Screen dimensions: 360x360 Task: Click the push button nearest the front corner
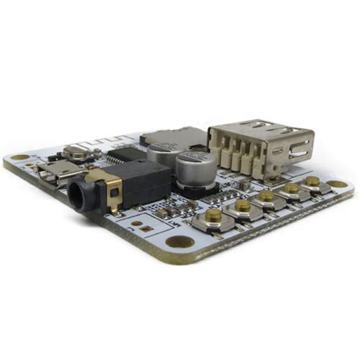coord(213,217)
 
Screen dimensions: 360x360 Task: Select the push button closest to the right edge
coord(312,182)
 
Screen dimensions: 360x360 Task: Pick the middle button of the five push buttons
coord(267,197)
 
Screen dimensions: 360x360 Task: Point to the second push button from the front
coord(242,206)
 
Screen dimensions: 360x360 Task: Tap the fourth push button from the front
coord(291,188)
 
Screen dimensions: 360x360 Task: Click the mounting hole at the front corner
coord(181,242)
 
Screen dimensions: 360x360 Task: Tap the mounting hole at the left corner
coord(20,157)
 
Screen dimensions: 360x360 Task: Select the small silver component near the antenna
coord(77,151)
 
